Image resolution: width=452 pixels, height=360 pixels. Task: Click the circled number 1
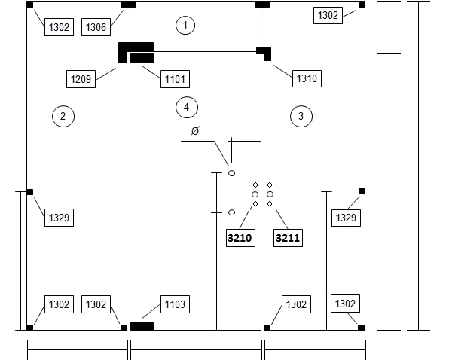pyautogui.click(x=185, y=26)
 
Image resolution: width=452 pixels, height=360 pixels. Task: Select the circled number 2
pyautogui.click(x=63, y=116)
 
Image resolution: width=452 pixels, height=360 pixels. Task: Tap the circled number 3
pyautogui.click(x=301, y=116)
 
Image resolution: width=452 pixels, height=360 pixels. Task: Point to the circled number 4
pyautogui.click(x=187, y=107)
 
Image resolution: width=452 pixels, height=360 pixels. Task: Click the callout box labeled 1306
pyautogui.click(x=96, y=27)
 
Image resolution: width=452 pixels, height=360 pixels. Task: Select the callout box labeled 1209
pyautogui.click(x=81, y=79)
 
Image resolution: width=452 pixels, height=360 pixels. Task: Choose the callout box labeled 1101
pyautogui.click(x=175, y=79)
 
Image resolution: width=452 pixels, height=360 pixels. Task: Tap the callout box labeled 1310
pyautogui.click(x=307, y=78)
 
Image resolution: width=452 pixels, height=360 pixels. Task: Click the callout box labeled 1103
pyautogui.click(x=175, y=304)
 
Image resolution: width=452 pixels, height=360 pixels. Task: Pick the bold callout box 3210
pyautogui.click(x=240, y=238)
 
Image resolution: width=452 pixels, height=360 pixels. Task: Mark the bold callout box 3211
pyautogui.click(x=288, y=238)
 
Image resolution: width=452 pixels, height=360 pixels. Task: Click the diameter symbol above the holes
pyautogui.click(x=195, y=131)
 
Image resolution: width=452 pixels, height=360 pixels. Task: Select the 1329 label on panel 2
pyautogui.click(x=59, y=218)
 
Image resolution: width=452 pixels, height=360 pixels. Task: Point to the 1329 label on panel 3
pyautogui.click(x=346, y=218)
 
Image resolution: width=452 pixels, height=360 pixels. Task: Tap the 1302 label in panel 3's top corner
pyautogui.click(x=328, y=15)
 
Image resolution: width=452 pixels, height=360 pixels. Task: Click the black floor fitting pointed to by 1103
pyautogui.click(x=142, y=326)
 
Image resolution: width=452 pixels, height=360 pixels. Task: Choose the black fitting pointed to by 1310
pyautogui.click(x=264, y=53)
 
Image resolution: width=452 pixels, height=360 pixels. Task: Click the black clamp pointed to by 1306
pyautogui.click(x=129, y=5)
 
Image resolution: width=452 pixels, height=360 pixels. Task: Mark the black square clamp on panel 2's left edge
pyautogui.click(x=30, y=192)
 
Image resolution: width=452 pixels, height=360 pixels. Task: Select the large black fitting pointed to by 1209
pyautogui.click(x=136, y=52)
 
